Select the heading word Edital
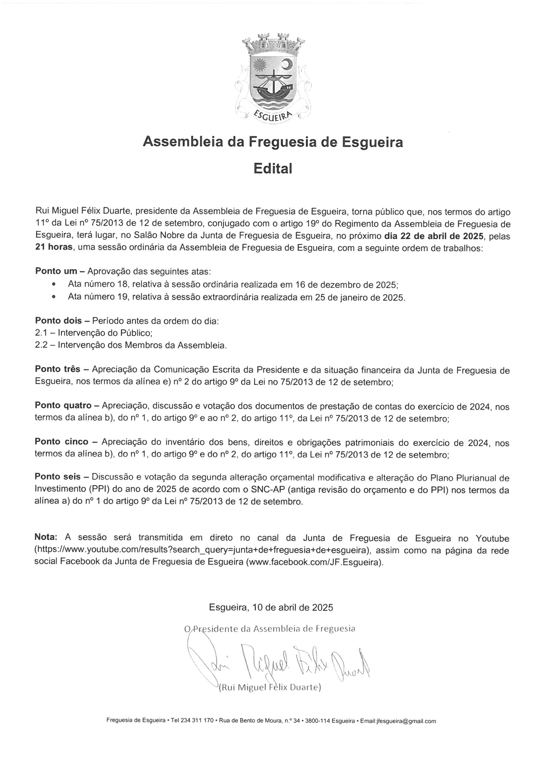tap(272, 169)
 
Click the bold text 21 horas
tap(54, 249)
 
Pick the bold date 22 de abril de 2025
tap(434, 237)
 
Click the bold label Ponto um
tap(56, 271)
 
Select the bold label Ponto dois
tap(58, 321)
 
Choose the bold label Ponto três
tap(58, 370)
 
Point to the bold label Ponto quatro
tap(63, 406)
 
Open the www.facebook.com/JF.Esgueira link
tap(314, 562)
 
